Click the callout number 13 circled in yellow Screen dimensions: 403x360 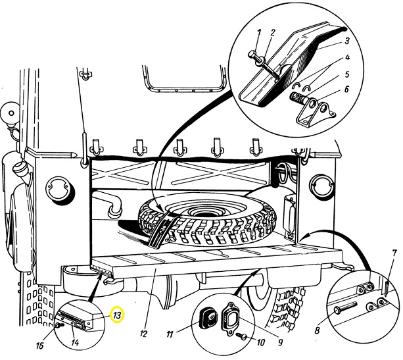[x=117, y=315]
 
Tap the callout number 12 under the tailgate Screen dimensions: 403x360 [x=144, y=334]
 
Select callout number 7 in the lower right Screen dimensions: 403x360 [x=394, y=254]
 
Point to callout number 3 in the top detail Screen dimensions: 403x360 [x=346, y=41]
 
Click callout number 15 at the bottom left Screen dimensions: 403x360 [x=39, y=346]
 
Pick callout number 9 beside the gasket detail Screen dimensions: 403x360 [x=280, y=342]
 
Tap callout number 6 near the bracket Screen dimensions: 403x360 [x=346, y=90]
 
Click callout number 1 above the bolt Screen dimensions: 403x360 [x=259, y=33]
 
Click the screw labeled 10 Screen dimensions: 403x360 [x=241, y=335]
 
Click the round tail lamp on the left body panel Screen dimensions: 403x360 [x=59, y=189]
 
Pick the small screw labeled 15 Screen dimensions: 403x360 [x=60, y=326]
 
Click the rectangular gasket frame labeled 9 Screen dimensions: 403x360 [x=232, y=319]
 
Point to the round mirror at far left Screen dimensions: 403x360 [x=11, y=113]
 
